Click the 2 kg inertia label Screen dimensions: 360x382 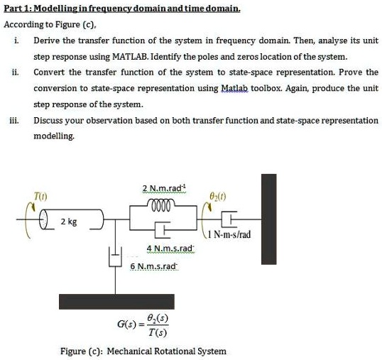click(69, 221)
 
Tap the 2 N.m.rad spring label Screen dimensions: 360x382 click(163, 187)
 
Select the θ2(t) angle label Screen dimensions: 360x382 click(218, 191)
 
